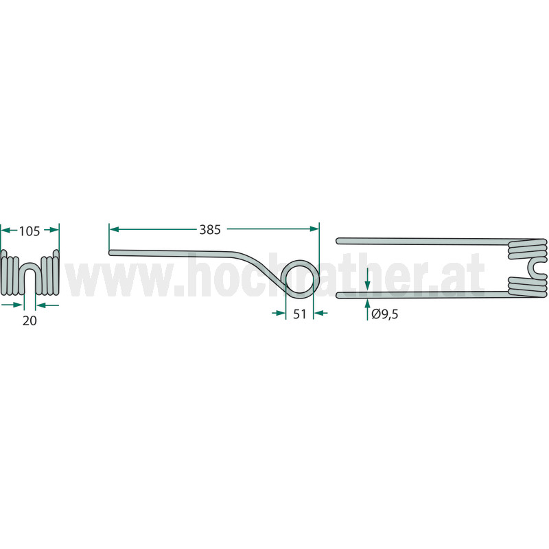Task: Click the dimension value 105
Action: (30, 231)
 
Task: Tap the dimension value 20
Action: (30, 320)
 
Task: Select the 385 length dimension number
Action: (210, 230)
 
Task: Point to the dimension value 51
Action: (299, 314)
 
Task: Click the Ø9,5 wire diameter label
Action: (385, 314)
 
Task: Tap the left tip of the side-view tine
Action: (110, 253)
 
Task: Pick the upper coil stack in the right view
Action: (527, 249)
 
